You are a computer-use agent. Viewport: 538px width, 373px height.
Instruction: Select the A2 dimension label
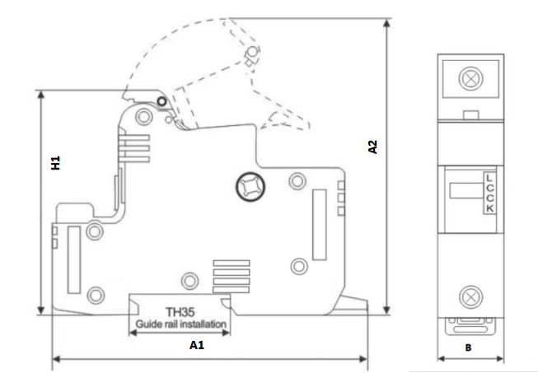pos(372,147)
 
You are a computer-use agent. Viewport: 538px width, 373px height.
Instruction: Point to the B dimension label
pos(469,348)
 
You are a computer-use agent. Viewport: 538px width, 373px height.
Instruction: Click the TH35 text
pos(180,313)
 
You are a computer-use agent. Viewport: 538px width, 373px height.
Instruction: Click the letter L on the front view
pos(489,178)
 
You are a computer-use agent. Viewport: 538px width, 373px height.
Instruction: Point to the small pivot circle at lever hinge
pos(161,101)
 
